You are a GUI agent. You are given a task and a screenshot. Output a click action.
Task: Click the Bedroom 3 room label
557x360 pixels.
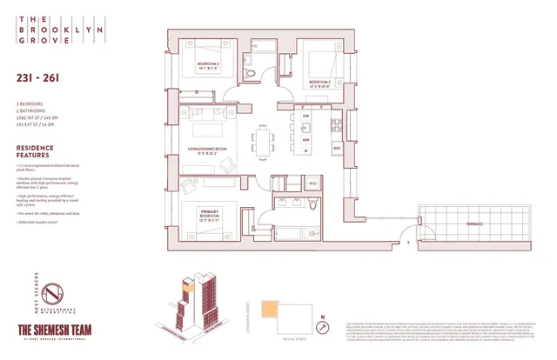[207, 68]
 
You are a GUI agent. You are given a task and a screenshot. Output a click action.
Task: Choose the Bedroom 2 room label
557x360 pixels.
[321, 83]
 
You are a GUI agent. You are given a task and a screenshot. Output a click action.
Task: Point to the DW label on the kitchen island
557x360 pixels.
[306, 117]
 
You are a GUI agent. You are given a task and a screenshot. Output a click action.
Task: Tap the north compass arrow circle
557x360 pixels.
[324, 328]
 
